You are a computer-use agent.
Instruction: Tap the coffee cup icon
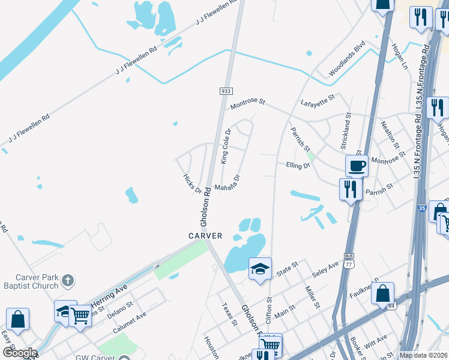pos(356,165)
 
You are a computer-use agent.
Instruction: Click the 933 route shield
pos(225,91)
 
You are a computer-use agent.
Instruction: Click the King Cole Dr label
pos(226,146)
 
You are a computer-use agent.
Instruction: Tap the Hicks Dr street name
pos(192,184)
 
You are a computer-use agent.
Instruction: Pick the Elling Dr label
pos(298,164)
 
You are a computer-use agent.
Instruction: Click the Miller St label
pos(312,298)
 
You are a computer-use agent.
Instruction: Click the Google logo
pos(19,353)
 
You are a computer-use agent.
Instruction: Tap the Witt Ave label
pos(375,342)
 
